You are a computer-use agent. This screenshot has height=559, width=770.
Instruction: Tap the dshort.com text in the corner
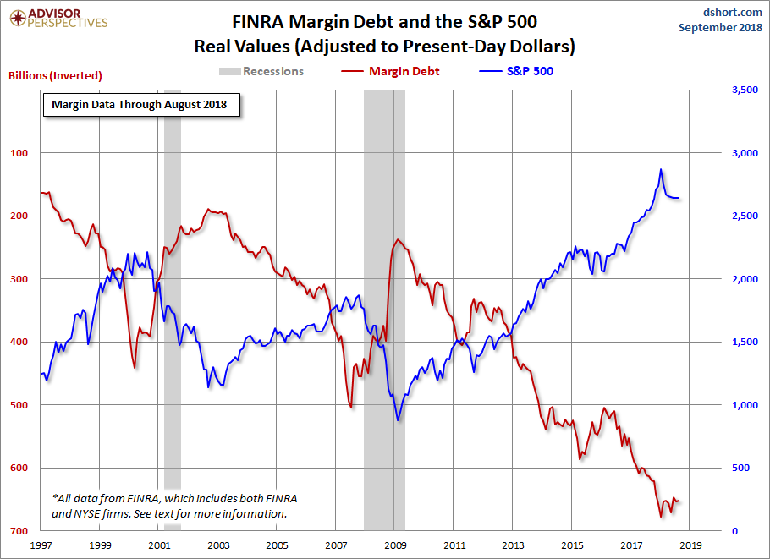(733, 12)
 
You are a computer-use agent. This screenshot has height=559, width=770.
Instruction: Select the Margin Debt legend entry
(397, 71)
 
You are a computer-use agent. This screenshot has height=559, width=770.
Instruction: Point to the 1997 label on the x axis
(41, 546)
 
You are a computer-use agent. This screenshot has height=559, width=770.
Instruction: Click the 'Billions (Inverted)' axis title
(55, 75)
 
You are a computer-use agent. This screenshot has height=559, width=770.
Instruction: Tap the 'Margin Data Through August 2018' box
(141, 106)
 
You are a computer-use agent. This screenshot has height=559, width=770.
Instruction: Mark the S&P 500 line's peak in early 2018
(661, 170)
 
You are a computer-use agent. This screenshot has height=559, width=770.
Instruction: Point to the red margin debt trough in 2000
(135, 367)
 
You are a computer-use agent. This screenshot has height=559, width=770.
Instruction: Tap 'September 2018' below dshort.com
(719, 28)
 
